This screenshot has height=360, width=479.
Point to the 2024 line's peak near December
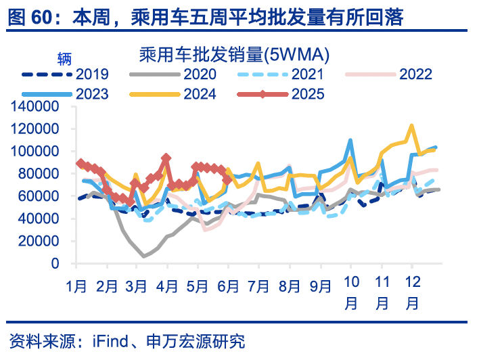[411, 126]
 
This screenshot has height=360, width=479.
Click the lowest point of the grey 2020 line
[144, 256]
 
